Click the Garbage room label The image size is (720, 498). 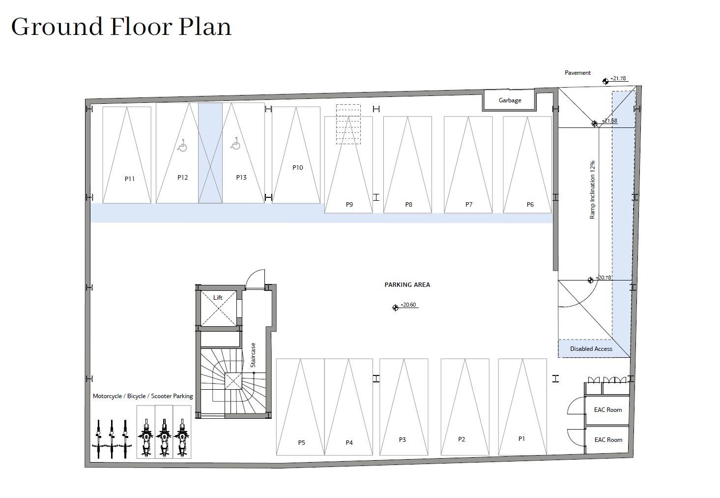(510, 100)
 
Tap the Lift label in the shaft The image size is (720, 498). (218, 297)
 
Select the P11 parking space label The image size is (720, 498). (130, 179)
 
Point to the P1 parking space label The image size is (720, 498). (521, 438)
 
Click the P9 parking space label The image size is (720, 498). (349, 204)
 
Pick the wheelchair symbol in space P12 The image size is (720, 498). (182, 145)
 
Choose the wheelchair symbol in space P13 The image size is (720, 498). (235, 144)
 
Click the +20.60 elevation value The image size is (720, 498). (408, 305)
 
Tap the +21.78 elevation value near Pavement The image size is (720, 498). (618, 78)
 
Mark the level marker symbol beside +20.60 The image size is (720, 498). (395, 308)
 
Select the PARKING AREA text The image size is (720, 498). (407, 285)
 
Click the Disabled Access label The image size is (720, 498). (591, 348)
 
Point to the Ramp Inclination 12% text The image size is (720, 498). (592, 190)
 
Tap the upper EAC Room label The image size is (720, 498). (608, 410)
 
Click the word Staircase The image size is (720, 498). (253, 355)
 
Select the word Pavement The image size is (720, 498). (577, 73)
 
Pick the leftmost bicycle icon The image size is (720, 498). (98, 439)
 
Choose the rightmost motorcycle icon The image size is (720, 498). (182, 438)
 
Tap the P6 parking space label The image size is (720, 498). (530, 204)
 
